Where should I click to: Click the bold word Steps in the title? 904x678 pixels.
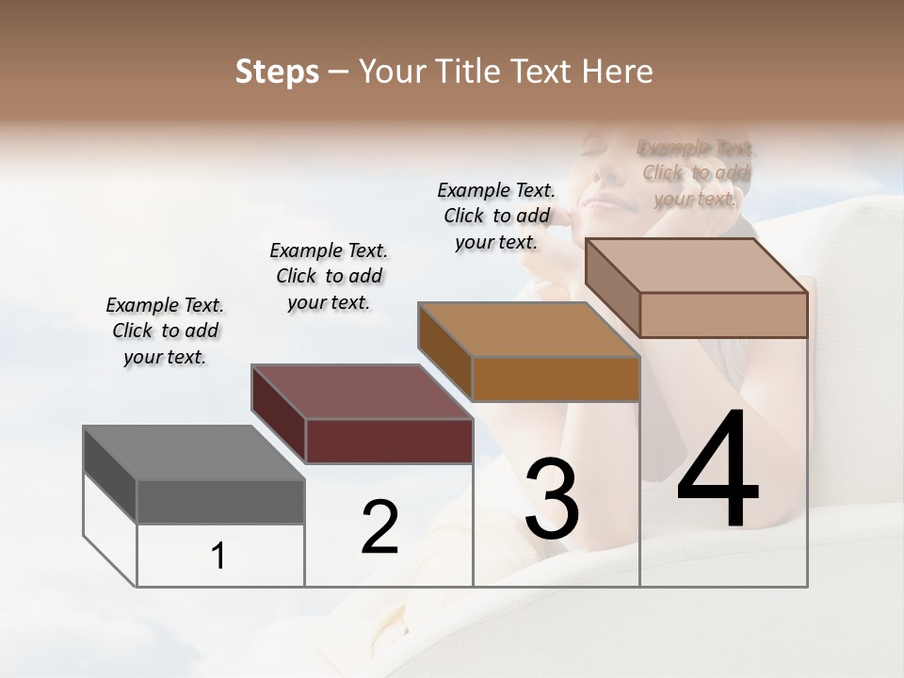(x=277, y=72)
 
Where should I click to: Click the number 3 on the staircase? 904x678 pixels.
(x=551, y=499)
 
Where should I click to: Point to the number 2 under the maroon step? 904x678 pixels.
(x=379, y=527)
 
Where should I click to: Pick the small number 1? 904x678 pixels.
(x=218, y=557)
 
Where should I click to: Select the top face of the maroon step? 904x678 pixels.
(x=362, y=392)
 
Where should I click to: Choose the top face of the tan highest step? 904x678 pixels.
(x=697, y=266)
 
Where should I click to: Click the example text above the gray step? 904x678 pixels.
(x=165, y=331)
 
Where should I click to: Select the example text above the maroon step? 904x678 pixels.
(x=329, y=276)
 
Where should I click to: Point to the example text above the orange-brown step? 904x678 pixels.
(x=496, y=216)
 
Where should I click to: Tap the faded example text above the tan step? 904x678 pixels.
(x=696, y=173)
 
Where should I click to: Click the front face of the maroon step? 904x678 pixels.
(x=389, y=441)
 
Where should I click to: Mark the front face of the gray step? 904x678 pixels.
(x=221, y=502)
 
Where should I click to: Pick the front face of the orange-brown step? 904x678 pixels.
(x=556, y=379)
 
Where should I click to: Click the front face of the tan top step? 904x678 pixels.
(x=723, y=315)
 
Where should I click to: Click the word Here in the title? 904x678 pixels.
(x=618, y=72)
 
